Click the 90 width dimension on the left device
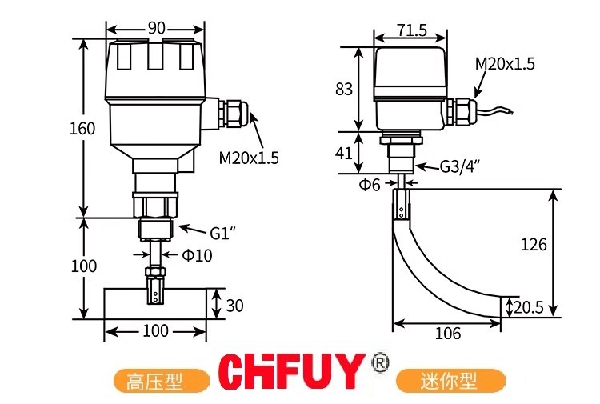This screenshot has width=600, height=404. point(156,28)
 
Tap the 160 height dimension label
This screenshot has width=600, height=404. point(82,129)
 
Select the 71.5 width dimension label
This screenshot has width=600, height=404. point(412,30)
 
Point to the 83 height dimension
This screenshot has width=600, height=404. point(344,89)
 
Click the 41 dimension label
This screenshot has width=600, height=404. point(343,154)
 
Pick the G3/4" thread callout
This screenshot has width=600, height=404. point(459,166)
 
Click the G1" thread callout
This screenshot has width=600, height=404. point(222,233)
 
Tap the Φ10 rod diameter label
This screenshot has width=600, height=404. point(197,255)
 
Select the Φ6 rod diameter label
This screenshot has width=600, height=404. point(370,185)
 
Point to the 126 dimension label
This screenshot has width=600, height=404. point(534,244)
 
